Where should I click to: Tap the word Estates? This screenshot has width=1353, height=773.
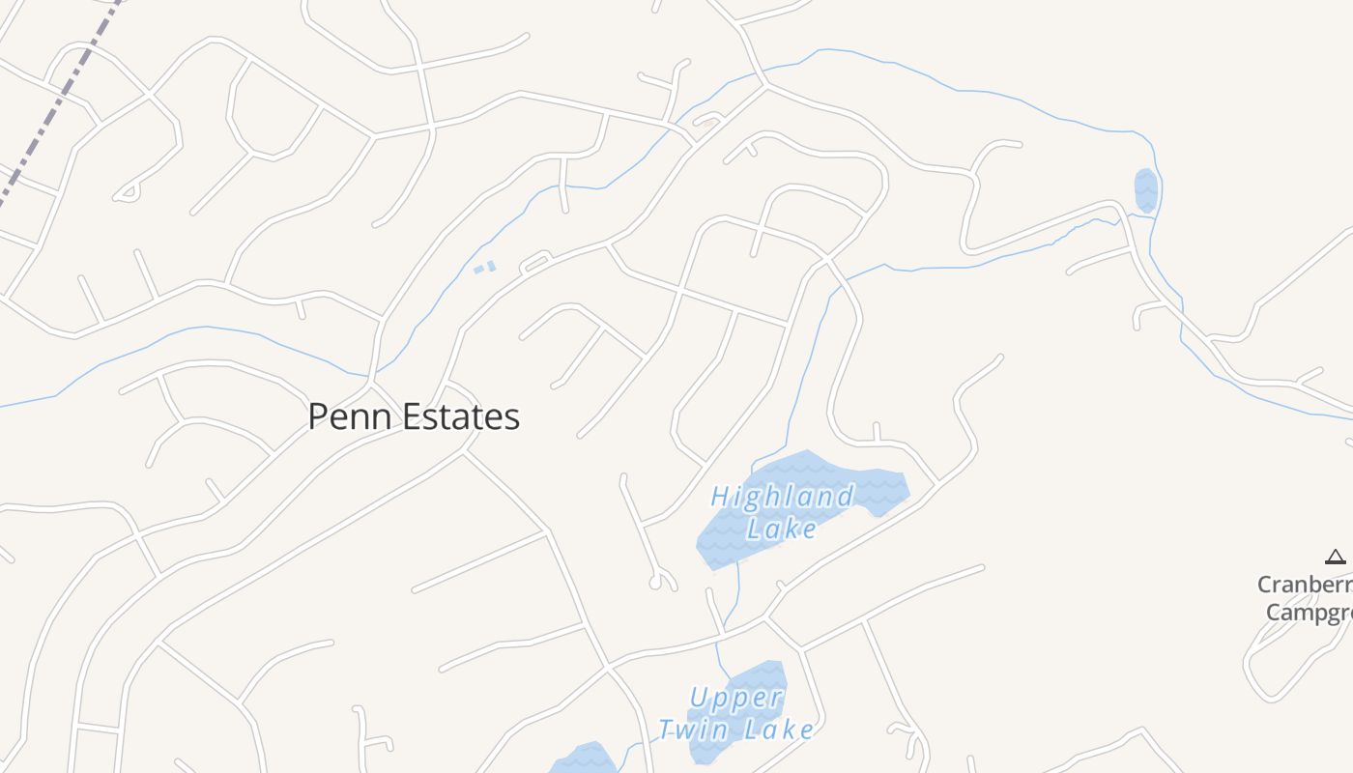[x=459, y=416]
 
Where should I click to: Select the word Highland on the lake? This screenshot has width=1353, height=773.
[x=782, y=498]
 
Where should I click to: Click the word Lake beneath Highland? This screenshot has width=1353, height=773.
[x=782, y=529]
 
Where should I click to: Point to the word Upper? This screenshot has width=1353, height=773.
[x=735, y=698]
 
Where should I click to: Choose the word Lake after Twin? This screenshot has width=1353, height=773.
[x=778, y=730]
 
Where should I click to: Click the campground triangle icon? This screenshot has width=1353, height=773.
[x=1335, y=557]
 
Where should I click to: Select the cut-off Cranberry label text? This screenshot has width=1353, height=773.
[x=1305, y=585]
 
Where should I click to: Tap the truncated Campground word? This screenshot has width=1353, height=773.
[x=1309, y=613]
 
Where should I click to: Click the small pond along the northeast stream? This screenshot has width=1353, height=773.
[x=1145, y=190]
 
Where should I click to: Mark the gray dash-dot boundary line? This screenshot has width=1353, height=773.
[x=58, y=106]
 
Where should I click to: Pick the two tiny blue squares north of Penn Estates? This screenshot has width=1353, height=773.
[x=485, y=267]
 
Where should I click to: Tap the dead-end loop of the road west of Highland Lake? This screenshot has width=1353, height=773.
[x=661, y=582]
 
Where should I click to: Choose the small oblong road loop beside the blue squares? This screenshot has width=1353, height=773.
[x=535, y=263]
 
